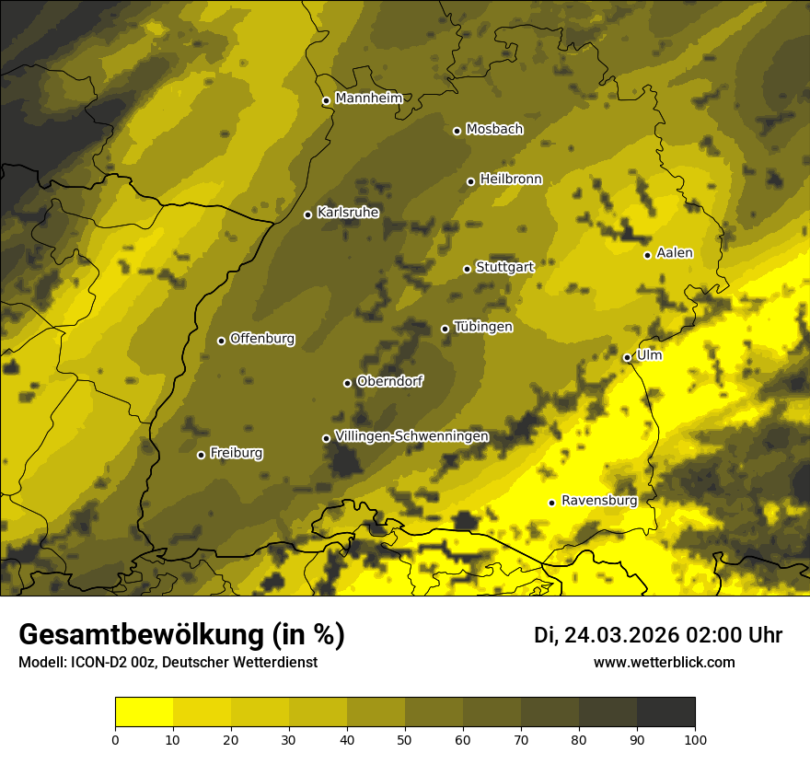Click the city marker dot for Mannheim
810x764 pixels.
coord(326,101)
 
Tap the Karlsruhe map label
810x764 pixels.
coord(348,213)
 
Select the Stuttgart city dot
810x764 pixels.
coord(467,269)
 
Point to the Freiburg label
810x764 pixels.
coord(236,453)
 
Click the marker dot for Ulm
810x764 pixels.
coord(627,357)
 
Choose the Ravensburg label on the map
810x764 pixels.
coord(598,501)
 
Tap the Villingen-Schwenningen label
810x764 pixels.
coord(411,436)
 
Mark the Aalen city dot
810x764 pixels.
coord(647,255)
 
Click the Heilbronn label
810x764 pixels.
coord(511,179)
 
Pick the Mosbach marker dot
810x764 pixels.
coord(457,131)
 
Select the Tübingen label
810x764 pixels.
coord(483,327)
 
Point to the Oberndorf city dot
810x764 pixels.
coord(347,383)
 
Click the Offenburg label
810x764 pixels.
coord(262,339)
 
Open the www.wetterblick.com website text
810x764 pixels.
coord(664,662)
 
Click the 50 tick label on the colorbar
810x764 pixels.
coord(405,738)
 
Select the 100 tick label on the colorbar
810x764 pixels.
coord(694,738)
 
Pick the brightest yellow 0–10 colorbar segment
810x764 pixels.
coord(145,712)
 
